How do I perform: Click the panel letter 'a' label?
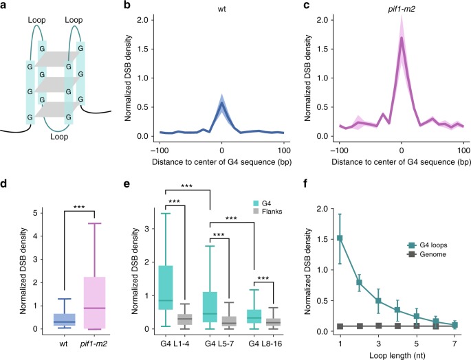tap(6, 5)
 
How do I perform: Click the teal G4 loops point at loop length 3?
tap(380, 300)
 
